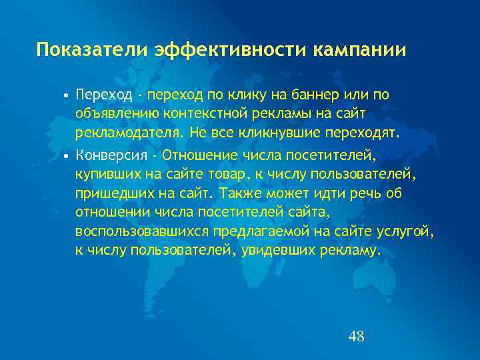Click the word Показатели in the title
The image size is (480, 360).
(93, 50)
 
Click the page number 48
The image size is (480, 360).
(356, 336)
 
